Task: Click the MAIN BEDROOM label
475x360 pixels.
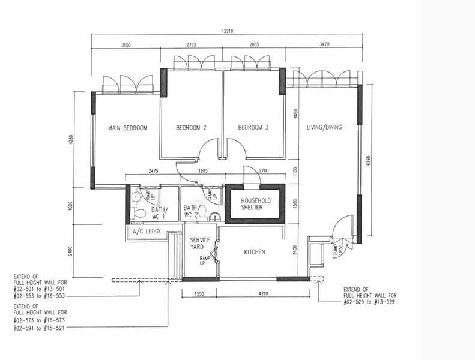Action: click(x=127, y=128)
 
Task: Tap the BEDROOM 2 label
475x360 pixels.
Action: click(x=191, y=128)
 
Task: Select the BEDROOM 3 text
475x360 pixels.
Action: click(x=253, y=127)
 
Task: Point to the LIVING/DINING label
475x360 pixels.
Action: click(x=324, y=127)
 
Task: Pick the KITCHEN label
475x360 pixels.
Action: click(x=255, y=252)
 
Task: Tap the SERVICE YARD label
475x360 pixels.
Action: click(x=200, y=244)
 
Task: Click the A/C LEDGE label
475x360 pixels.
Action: click(x=147, y=232)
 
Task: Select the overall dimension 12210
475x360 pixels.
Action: click(x=228, y=31)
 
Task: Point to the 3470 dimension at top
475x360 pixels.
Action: click(x=324, y=44)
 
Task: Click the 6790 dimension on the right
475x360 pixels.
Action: click(x=368, y=161)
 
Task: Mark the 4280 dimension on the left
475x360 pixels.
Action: click(x=71, y=140)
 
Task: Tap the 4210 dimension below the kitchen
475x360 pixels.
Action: click(x=263, y=293)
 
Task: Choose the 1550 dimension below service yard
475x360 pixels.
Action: click(x=199, y=293)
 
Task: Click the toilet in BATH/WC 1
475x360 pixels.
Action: click(x=138, y=213)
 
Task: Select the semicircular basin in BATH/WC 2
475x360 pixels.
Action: click(x=216, y=216)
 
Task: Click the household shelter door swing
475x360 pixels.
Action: click(x=252, y=175)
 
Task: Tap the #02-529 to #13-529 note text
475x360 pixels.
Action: click(x=369, y=302)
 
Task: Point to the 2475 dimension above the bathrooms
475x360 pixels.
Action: click(x=153, y=171)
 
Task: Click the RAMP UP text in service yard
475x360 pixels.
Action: click(x=205, y=260)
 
